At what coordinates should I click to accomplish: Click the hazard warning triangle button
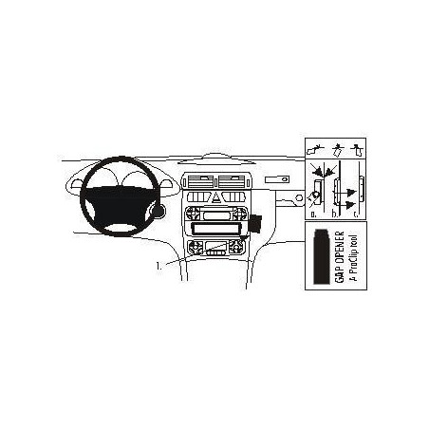[x=216, y=197]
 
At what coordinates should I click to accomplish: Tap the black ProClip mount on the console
[x=255, y=222]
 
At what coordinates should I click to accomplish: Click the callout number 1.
[x=159, y=266]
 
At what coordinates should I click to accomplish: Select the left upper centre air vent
[x=200, y=181]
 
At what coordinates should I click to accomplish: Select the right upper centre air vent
[x=232, y=181]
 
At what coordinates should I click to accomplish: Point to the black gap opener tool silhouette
[x=322, y=255]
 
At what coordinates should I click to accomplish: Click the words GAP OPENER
[x=339, y=257]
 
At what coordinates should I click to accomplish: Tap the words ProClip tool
[x=353, y=258]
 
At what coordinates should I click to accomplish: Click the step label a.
[x=313, y=214]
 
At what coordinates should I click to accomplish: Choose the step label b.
[x=335, y=214]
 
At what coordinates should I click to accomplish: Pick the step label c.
[x=356, y=214]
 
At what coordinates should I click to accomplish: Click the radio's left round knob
[x=193, y=214]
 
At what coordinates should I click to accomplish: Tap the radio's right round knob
[x=240, y=214]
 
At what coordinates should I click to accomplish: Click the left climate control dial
[x=196, y=247]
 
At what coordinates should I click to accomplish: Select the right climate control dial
[x=236, y=247]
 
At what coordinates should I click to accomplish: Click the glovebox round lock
[x=298, y=197]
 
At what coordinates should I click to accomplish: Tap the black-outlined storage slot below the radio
[x=216, y=229]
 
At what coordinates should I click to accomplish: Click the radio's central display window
[x=216, y=215]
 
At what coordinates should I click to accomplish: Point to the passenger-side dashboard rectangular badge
[x=277, y=179]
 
